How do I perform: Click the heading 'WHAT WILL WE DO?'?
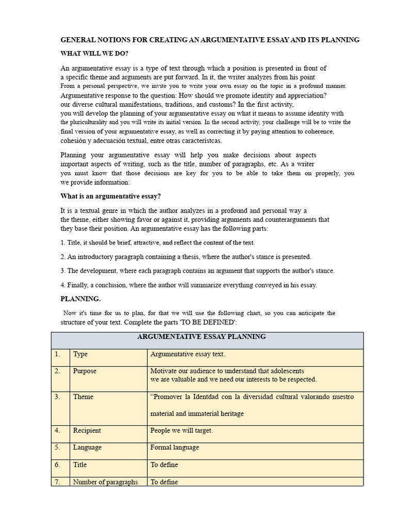click(94, 54)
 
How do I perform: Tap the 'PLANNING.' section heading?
click(80, 299)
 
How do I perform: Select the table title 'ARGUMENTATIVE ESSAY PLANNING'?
click(208, 337)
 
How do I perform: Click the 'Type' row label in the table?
click(80, 354)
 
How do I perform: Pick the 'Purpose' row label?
click(85, 371)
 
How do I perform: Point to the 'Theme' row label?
click(83, 397)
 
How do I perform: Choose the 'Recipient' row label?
click(87, 430)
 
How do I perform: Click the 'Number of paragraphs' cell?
click(105, 482)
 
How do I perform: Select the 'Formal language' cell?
click(174, 447)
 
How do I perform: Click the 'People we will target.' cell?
click(181, 430)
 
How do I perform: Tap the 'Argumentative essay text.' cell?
click(188, 354)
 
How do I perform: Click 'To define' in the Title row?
click(164, 465)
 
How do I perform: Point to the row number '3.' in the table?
click(57, 397)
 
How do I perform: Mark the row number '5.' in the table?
click(57, 447)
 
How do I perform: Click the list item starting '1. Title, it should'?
click(158, 242)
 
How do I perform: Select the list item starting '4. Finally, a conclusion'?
click(189, 285)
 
